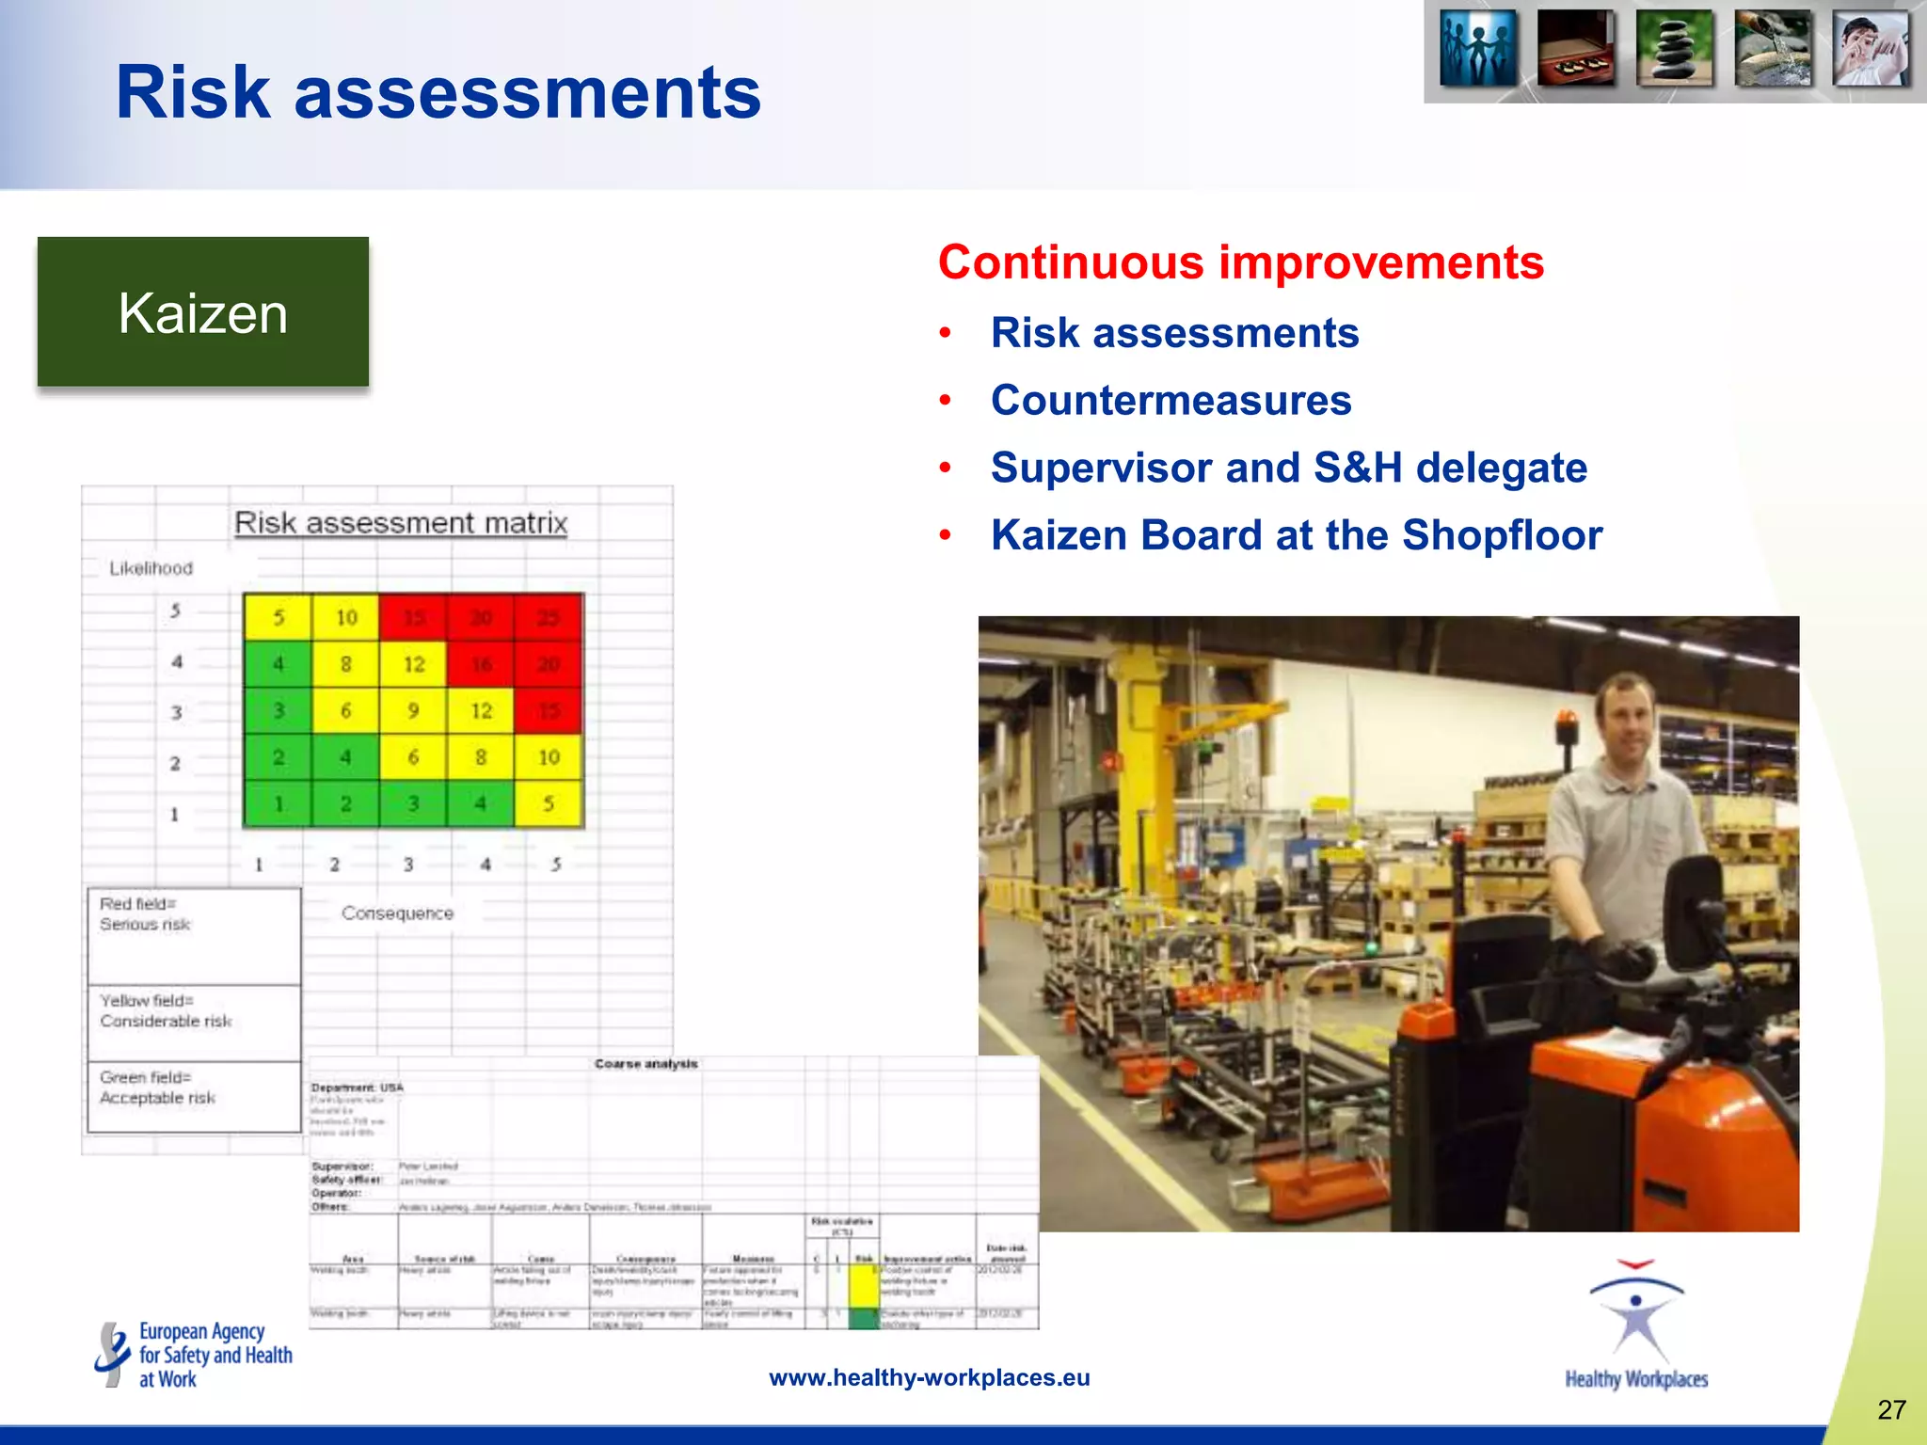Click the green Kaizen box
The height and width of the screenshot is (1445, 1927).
202,312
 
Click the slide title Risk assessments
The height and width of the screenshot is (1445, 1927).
438,92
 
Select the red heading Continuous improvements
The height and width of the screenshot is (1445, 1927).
1240,262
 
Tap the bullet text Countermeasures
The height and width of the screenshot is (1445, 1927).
1171,401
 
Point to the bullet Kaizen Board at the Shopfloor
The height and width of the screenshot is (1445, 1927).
1296,535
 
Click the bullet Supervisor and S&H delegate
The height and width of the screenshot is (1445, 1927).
1288,468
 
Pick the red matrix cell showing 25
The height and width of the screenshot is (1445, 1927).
549,617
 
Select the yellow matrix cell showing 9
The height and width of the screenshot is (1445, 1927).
413,711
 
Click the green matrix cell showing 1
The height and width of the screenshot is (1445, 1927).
279,804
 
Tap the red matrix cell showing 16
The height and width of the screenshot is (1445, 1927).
481,664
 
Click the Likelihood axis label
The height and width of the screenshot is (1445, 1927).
151,568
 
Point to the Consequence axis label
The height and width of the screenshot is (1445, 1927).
397,913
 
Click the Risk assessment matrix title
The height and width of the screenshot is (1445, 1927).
401,523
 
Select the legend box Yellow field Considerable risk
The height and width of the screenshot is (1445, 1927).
194,1022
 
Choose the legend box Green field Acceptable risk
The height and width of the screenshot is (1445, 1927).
194,1096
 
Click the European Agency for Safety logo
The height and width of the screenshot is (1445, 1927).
194,1355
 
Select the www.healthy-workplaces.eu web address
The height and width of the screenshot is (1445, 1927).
929,1377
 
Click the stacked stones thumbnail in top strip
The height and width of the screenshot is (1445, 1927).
1675,49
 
